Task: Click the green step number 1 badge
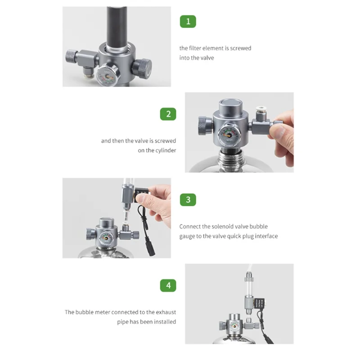click(188, 21)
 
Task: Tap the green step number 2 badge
click(168, 113)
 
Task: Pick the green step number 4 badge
click(168, 285)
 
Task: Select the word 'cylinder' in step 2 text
click(165, 150)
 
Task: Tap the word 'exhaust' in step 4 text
click(165, 312)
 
